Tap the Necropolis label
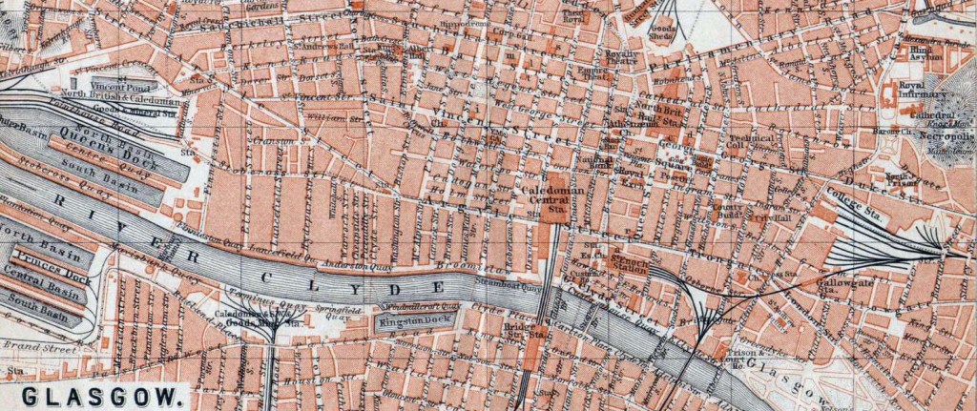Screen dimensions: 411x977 pyautogui.click(x=928, y=136)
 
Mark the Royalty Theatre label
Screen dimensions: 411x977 pyautogui.click(x=622, y=59)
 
